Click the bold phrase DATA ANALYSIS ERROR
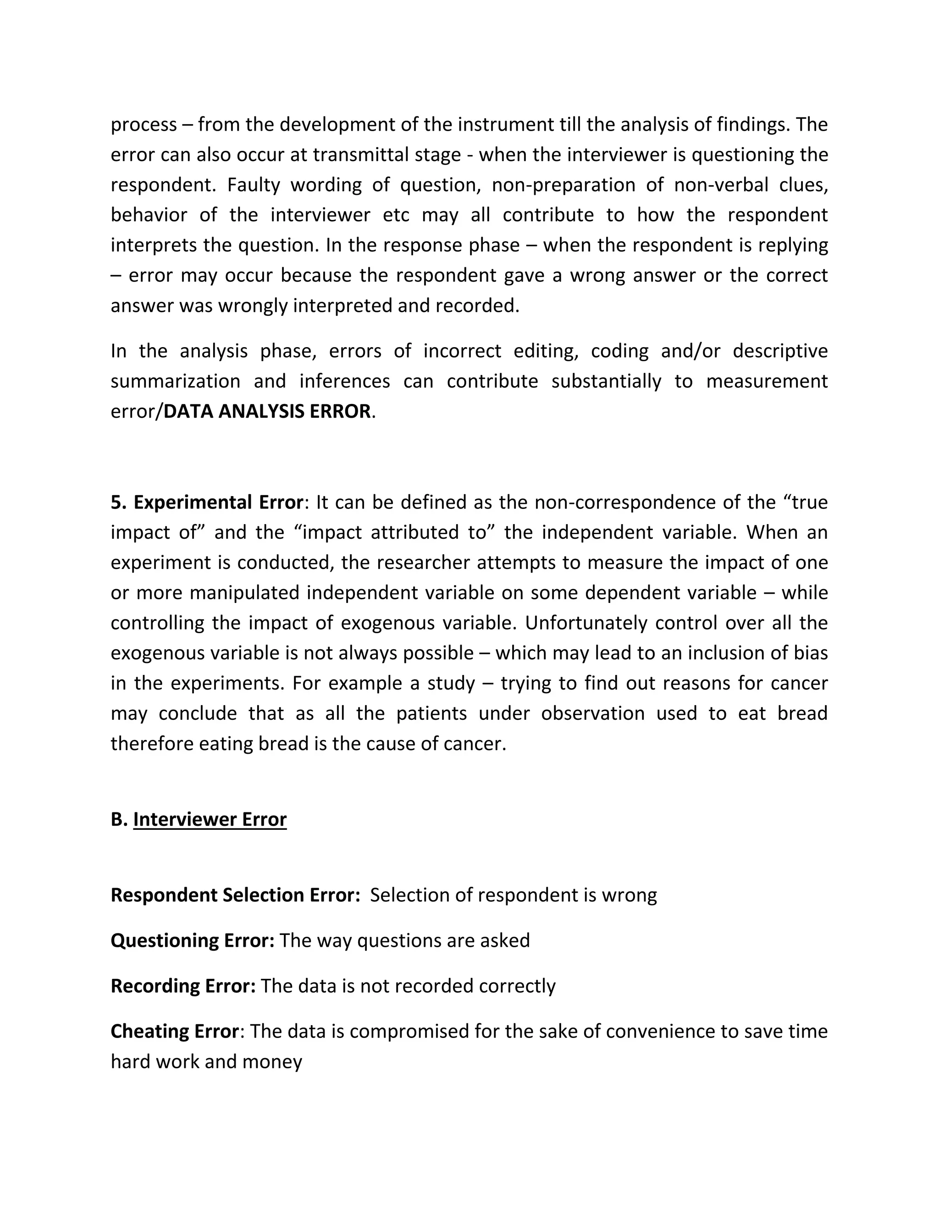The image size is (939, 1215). pos(267,411)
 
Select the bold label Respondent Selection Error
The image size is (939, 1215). pos(235,895)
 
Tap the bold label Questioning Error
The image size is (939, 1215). pos(193,940)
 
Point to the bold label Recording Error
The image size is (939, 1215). pos(183,986)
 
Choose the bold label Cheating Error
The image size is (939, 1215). pos(175,1031)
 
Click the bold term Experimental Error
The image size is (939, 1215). pos(218,503)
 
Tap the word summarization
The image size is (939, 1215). pos(175,381)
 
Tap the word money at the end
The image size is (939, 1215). pos(272,1061)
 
